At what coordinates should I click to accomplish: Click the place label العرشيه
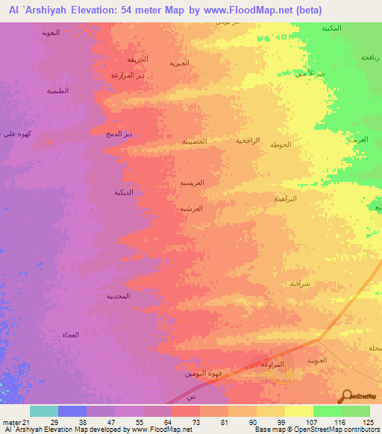(192, 209)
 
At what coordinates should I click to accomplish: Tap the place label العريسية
(192, 182)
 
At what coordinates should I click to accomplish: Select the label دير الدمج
(118, 133)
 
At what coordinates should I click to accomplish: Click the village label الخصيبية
(195, 141)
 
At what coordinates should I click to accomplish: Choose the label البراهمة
(285, 198)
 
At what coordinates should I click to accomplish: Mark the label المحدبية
(119, 296)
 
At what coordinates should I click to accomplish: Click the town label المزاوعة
(272, 364)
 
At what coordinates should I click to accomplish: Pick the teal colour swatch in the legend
(44, 411)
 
